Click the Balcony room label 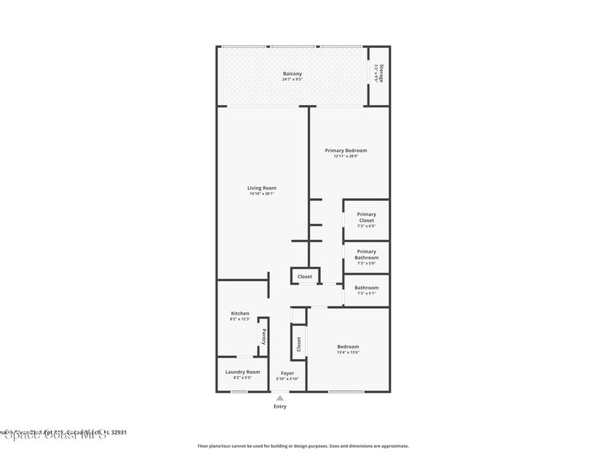click(292, 74)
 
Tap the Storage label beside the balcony click(382, 73)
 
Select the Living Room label click(262, 188)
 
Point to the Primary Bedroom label click(346, 150)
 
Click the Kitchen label click(240, 313)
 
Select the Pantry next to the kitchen click(263, 337)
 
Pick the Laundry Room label click(242, 372)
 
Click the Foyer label click(288, 373)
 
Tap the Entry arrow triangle click(280, 398)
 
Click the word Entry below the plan click(280, 406)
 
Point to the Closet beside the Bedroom click(299, 343)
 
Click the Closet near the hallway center click(305, 277)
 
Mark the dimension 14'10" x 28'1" click(262, 194)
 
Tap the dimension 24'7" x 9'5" click(292, 79)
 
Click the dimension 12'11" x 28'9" click(346, 156)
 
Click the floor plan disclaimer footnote click(302, 446)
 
